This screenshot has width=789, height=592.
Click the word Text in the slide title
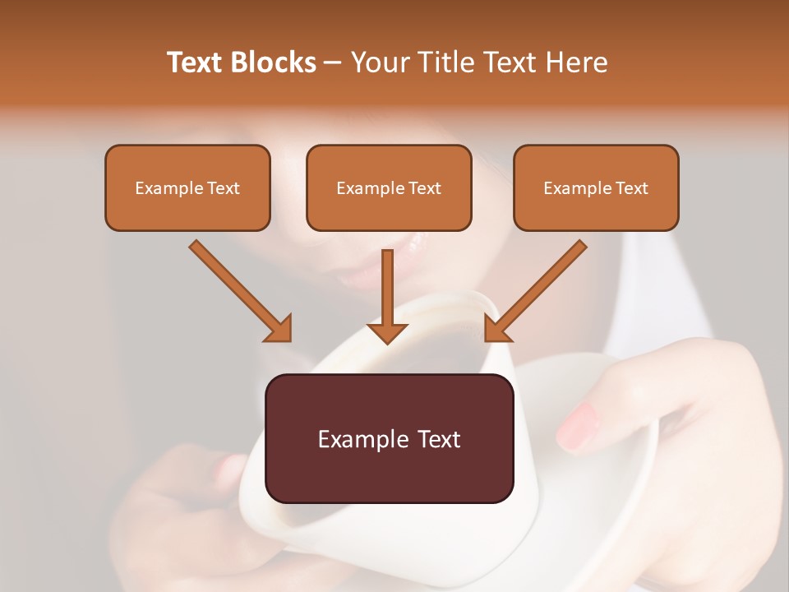coord(195,62)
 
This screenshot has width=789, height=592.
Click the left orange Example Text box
coord(187,187)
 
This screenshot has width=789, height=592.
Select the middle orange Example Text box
coord(389,187)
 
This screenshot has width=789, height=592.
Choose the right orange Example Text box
coord(596,187)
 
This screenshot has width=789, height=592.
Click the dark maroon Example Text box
coord(389,438)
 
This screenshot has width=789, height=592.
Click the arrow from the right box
coord(538,288)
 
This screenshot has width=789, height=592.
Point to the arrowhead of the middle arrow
coord(387,332)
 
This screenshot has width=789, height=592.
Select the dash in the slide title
coord(333,63)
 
